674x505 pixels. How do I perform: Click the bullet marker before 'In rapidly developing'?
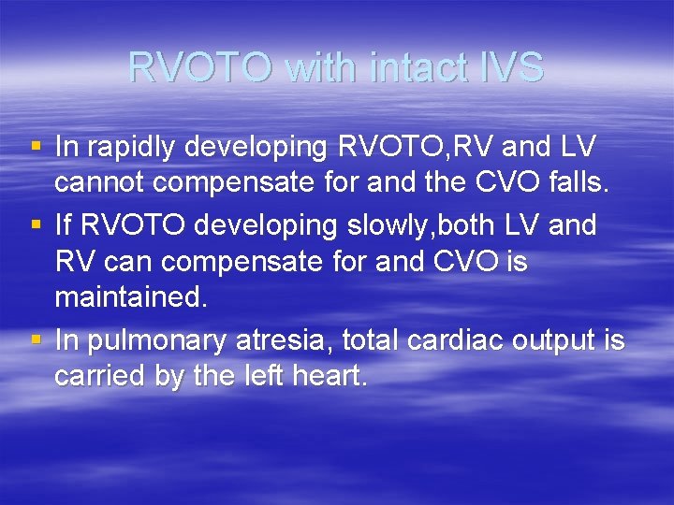pos(37,147)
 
